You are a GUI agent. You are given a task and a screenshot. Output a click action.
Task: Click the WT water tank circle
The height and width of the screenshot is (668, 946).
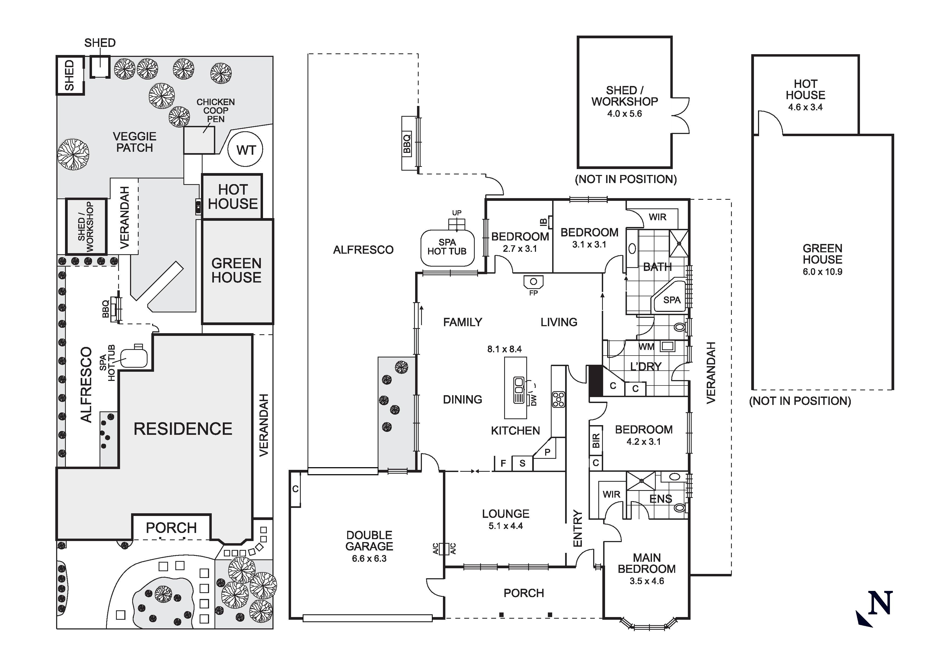click(x=245, y=150)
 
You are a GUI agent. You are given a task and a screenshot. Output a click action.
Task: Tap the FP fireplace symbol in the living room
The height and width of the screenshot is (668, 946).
click(x=534, y=282)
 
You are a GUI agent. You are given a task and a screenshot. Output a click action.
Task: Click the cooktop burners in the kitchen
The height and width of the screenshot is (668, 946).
click(x=559, y=399)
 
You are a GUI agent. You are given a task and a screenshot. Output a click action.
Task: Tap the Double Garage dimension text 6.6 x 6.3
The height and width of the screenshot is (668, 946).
click(x=369, y=559)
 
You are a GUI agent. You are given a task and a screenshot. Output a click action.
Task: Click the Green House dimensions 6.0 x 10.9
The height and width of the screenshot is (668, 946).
click(x=822, y=272)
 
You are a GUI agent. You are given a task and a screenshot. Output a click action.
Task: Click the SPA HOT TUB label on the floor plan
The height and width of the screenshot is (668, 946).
click(x=447, y=247)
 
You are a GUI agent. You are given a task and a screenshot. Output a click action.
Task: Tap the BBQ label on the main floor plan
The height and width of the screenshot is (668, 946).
click(x=407, y=143)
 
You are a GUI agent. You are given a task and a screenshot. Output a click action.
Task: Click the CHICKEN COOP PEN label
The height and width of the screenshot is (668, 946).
click(x=216, y=110)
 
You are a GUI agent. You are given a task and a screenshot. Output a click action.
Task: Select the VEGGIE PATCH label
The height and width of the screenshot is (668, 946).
click(x=134, y=142)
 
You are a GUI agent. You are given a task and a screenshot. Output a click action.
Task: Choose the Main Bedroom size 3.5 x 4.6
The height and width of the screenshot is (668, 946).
click(x=647, y=581)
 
